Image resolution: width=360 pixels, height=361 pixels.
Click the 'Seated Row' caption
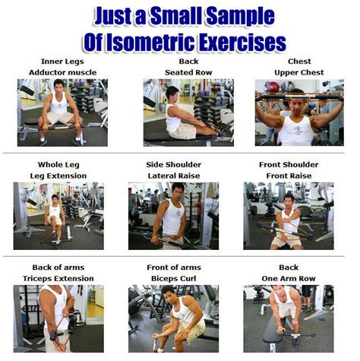pos(188,72)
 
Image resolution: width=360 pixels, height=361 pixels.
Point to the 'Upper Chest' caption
pos(299,72)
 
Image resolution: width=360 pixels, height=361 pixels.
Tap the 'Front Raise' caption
pos(289,176)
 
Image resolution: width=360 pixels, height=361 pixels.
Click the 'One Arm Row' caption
pos(289,278)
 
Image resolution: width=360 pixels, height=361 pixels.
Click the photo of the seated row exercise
pos(188,112)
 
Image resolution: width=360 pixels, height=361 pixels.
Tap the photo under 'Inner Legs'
pos(62,112)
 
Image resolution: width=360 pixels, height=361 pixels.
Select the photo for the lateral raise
pos(173,216)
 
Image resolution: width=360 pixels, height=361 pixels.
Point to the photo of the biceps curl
pos(173,318)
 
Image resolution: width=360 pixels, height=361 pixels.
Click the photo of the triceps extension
pos(58,318)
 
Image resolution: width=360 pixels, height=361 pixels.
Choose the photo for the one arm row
pos(289,318)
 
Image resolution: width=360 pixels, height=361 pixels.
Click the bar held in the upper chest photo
pos(299,97)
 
